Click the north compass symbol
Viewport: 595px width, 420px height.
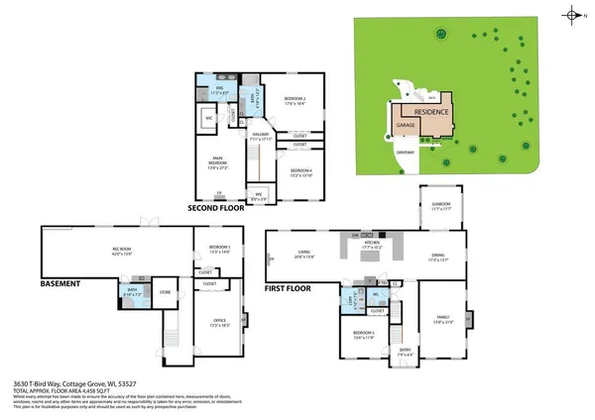coord(574,14)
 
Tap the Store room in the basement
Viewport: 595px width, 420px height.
coord(167,292)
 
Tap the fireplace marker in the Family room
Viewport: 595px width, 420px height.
coord(468,319)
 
